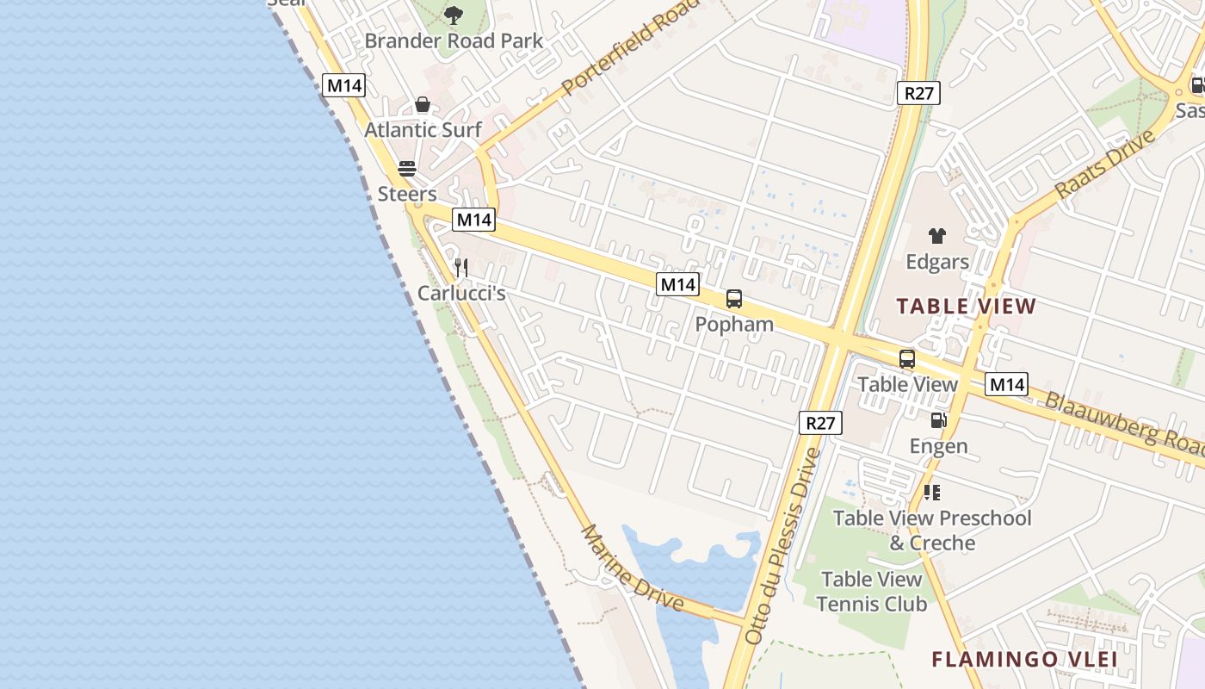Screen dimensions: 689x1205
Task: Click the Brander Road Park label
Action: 454,40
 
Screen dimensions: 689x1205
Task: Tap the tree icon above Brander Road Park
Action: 454,15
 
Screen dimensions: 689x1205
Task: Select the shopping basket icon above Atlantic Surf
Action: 423,104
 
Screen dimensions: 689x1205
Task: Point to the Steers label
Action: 407,194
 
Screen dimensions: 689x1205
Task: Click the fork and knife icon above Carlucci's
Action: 461,268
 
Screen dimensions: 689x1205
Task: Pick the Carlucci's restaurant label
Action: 461,293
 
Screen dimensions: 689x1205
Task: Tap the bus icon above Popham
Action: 734,299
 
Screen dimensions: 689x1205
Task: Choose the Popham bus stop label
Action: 734,325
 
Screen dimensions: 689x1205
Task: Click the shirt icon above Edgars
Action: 937,236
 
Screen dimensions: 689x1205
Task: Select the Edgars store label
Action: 937,261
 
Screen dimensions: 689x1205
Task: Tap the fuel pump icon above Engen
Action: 938,420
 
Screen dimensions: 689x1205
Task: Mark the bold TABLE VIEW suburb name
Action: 967,306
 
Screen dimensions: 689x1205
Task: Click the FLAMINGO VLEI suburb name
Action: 1024,660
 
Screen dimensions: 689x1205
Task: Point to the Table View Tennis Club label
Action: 871,592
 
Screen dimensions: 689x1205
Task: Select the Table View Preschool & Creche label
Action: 932,531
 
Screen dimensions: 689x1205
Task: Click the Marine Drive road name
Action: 633,569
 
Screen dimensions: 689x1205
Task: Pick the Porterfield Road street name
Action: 628,47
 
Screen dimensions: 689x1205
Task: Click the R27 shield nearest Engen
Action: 820,423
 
